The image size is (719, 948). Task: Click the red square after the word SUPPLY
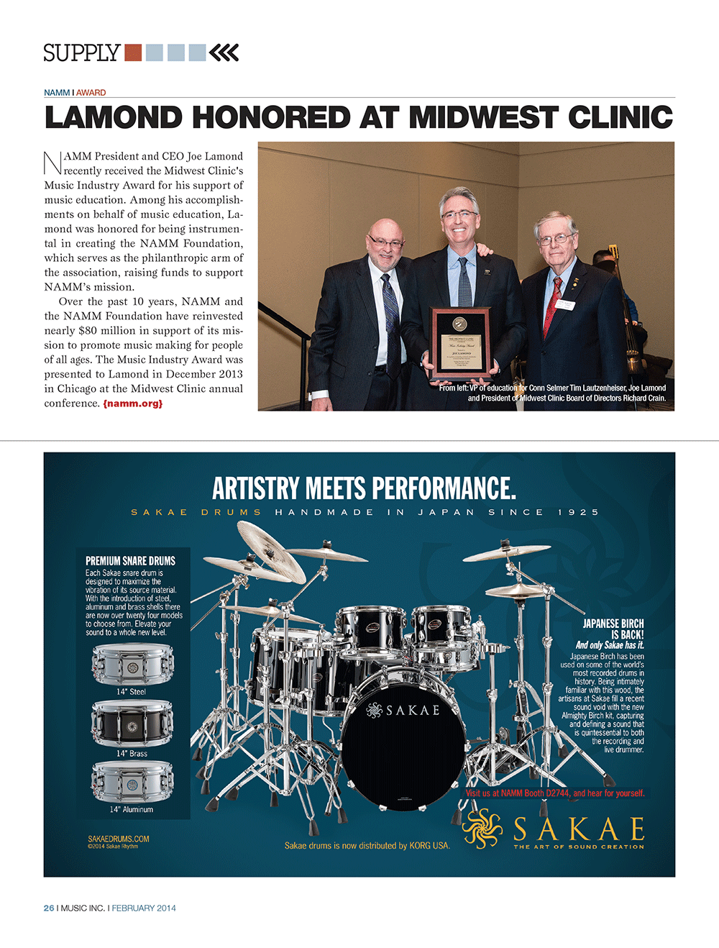coord(133,53)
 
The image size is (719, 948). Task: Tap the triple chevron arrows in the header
coord(224,53)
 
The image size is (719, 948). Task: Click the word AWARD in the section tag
coord(91,93)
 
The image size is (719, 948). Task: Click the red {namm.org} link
coord(133,404)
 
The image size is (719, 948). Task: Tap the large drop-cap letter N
coord(53,163)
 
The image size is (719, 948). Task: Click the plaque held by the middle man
coord(461,342)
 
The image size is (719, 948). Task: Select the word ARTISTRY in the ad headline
coord(255,489)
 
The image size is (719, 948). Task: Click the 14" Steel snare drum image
coord(132,665)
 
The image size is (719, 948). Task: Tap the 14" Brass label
coord(132,754)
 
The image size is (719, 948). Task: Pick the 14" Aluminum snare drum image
coord(132,782)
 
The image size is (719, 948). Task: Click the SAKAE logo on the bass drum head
coord(403,711)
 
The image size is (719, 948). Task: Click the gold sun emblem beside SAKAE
coord(482,828)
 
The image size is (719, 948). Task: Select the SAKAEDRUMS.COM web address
coord(119,839)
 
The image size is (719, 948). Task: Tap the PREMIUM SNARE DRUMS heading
coord(130,561)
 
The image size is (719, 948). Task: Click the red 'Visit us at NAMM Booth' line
coord(555,793)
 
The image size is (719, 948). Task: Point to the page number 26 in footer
coord(49,908)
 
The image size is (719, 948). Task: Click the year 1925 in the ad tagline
coord(578,512)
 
